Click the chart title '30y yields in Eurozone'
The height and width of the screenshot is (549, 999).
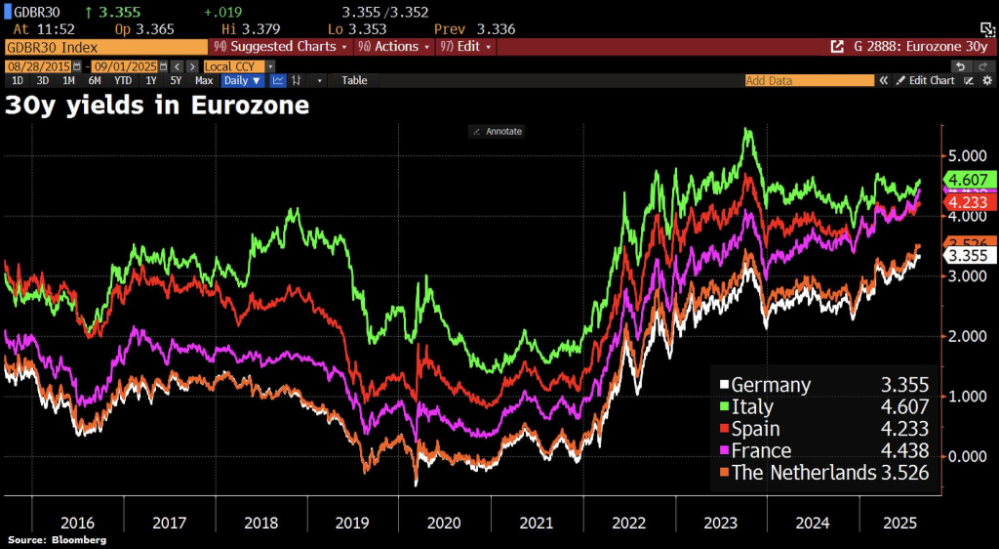(157, 105)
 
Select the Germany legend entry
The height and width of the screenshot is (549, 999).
(771, 385)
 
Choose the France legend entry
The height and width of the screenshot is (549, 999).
(761, 450)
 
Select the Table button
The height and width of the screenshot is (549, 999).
(354, 80)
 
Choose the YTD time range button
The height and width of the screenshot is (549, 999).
(123, 80)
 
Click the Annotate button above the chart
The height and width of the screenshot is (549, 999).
(498, 131)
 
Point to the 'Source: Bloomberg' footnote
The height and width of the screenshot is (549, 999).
(57, 540)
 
